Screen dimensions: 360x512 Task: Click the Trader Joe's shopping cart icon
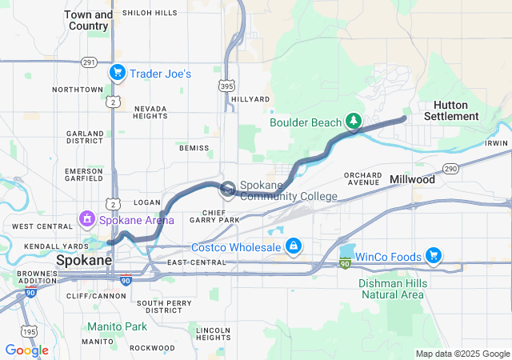click(x=118, y=73)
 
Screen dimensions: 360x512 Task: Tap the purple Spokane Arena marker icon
click(x=87, y=218)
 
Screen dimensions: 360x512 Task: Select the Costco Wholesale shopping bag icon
click(x=294, y=245)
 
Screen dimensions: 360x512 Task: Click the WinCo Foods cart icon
click(x=434, y=255)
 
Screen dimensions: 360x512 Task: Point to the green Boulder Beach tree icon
click(x=353, y=122)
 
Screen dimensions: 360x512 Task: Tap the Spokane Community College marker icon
click(x=228, y=190)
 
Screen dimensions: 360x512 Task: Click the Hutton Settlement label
click(x=456, y=110)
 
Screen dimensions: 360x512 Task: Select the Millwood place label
click(x=412, y=180)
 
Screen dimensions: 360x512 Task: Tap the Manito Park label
click(x=117, y=326)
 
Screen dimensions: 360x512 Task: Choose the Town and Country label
click(x=88, y=20)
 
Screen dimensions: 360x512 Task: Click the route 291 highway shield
click(x=89, y=62)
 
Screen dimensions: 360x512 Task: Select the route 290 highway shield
click(x=450, y=168)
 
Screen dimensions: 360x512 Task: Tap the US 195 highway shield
click(x=30, y=331)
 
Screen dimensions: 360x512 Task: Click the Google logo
click(x=26, y=350)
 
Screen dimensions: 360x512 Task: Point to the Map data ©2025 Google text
click(x=462, y=354)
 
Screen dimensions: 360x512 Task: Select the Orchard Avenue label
click(x=362, y=179)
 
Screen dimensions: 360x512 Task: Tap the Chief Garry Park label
click(x=216, y=215)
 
